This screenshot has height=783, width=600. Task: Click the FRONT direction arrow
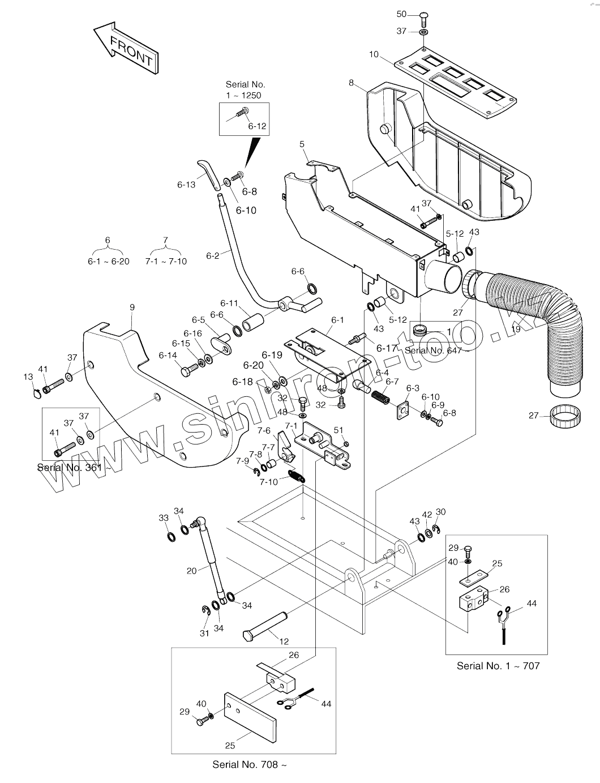tap(126, 49)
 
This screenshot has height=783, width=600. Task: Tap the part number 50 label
tap(401, 14)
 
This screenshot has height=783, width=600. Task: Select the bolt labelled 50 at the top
tap(423, 19)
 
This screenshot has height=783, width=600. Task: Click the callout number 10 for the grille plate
tap(374, 54)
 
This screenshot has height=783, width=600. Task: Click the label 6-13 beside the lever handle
tap(186, 185)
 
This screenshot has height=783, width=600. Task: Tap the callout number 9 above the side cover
tap(132, 307)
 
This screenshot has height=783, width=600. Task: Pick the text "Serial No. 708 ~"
tap(250, 764)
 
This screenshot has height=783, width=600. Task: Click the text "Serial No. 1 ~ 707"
tap(498, 666)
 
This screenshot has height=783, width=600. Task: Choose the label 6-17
tap(387, 348)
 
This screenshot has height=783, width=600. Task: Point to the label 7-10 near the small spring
tap(269, 482)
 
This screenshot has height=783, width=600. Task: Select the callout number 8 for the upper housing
tap(351, 83)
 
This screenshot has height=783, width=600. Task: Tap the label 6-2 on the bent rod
tap(212, 255)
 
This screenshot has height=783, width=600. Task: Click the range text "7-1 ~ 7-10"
tap(166, 261)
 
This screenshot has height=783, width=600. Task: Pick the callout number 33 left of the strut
tap(164, 518)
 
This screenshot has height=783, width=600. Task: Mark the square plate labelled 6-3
tap(402, 410)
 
